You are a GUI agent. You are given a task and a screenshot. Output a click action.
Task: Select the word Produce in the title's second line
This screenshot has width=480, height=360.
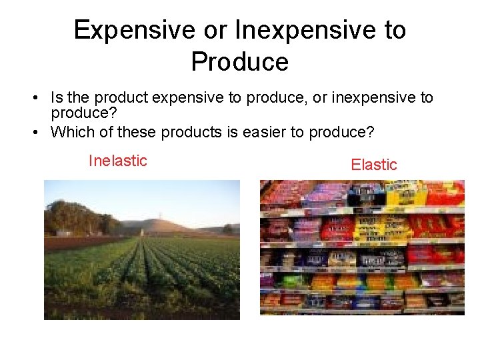pyautogui.click(x=239, y=61)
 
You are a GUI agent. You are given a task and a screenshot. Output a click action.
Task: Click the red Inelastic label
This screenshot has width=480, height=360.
pyautogui.click(x=117, y=161)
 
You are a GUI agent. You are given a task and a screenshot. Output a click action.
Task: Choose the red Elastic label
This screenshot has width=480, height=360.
pyautogui.click(x=373, y=165)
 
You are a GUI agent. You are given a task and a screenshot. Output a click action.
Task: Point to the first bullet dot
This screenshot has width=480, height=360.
pyautogui.click(x=33, y=99)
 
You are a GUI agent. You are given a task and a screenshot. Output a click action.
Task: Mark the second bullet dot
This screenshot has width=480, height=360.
pyautogui.click(x=33, y=132)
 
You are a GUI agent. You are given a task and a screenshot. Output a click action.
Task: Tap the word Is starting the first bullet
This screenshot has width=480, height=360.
pyautogui.click(x=56, y=99)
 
